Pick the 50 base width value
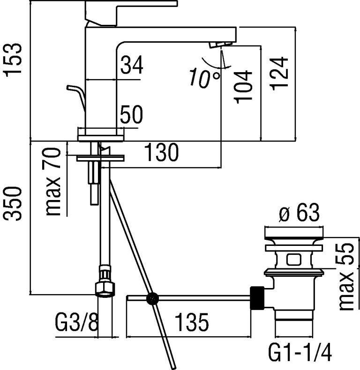point(132,115)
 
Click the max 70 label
point(54,181)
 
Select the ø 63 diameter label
point(299,214)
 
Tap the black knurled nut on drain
point(258,298)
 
